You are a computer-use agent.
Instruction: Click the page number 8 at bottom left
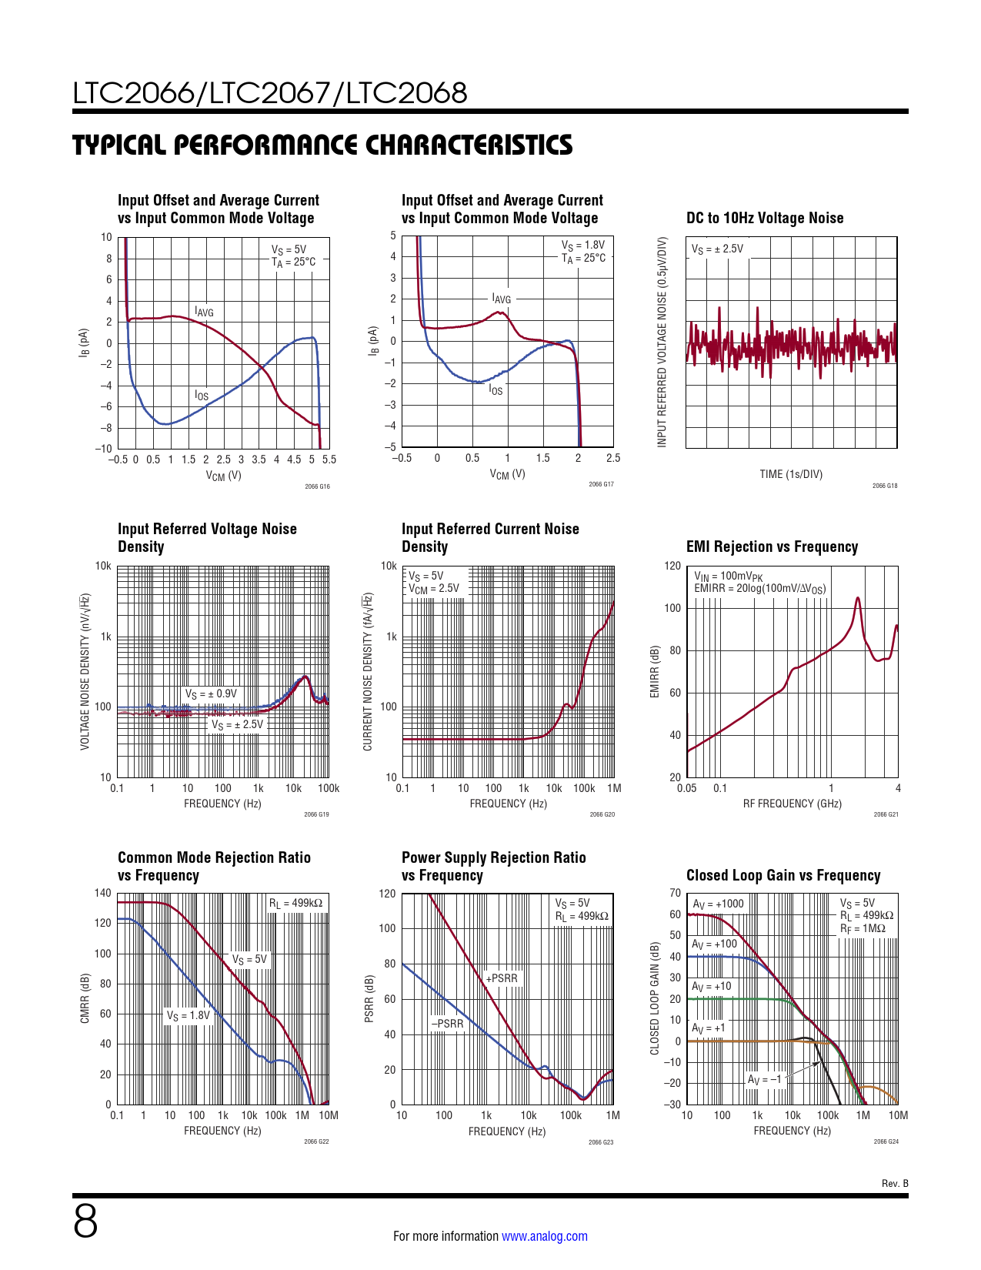(85, 1222)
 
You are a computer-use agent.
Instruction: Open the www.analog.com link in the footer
(544, 1236)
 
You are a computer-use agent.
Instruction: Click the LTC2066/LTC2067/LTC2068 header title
(270, 93)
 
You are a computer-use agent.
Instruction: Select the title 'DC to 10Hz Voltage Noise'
(764, 218)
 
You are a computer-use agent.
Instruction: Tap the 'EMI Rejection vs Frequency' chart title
(772, 546)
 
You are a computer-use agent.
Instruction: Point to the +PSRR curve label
(502, 978)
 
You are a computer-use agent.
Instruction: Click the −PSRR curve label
(448, 1024)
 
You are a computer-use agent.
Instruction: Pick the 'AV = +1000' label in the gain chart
(718, 904)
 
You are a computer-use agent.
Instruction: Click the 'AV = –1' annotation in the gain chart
(765, 1079)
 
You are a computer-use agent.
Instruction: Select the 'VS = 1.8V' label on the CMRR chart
(189, 1015)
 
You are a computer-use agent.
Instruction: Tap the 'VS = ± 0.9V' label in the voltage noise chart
(211, 693)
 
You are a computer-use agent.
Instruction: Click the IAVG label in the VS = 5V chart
(204, 312)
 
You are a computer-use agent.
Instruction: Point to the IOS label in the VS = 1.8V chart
(496, 390)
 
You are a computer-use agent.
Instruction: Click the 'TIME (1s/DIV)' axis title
(791, 474)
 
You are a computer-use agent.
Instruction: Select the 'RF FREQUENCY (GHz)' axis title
(792, 804)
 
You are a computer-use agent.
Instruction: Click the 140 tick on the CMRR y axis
(103, 893)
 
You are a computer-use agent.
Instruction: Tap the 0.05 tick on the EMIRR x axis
(686, 788)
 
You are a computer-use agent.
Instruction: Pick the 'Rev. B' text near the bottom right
(895, 1183)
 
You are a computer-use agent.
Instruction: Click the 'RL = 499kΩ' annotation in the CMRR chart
(295, 903)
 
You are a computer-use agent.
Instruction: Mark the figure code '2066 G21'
(886, 814)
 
